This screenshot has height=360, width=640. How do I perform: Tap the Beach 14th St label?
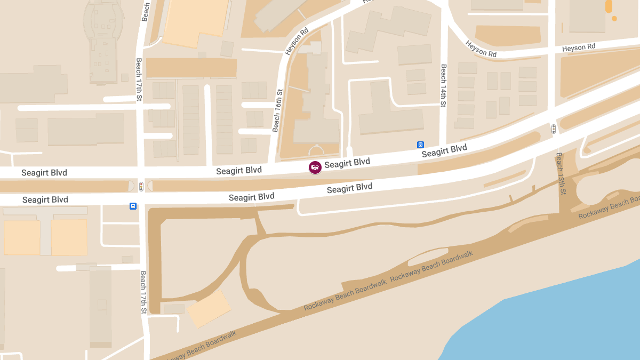tap(443, 86)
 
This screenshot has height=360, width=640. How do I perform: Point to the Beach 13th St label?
tap(561, 174)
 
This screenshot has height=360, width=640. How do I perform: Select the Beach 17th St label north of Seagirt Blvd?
tap(139, 79)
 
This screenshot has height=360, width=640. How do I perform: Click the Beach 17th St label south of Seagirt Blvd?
tap(143, 292)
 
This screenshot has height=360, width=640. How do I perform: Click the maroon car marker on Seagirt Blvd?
tap(315, 167)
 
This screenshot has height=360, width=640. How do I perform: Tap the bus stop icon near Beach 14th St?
tap(420, 145)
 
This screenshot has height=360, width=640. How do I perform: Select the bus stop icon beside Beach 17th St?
tap(133, 206)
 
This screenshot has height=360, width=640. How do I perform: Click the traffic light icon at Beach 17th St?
tap(141, 186)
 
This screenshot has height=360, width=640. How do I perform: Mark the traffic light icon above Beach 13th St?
tap(554, 129)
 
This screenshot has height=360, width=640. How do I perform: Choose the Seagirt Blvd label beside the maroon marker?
tap(347, 163)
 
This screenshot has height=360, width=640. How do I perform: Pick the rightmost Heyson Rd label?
tap(579, 48)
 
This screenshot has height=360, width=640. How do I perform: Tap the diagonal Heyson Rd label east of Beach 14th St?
tap(481, 49)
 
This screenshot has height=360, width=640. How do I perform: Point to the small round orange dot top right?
tap(614, 19)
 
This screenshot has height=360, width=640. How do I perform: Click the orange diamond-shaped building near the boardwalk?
tap(209, 309)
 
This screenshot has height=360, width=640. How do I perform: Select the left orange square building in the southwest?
tap(22, 237)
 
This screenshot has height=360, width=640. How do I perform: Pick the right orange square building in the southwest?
tap(69, 237)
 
